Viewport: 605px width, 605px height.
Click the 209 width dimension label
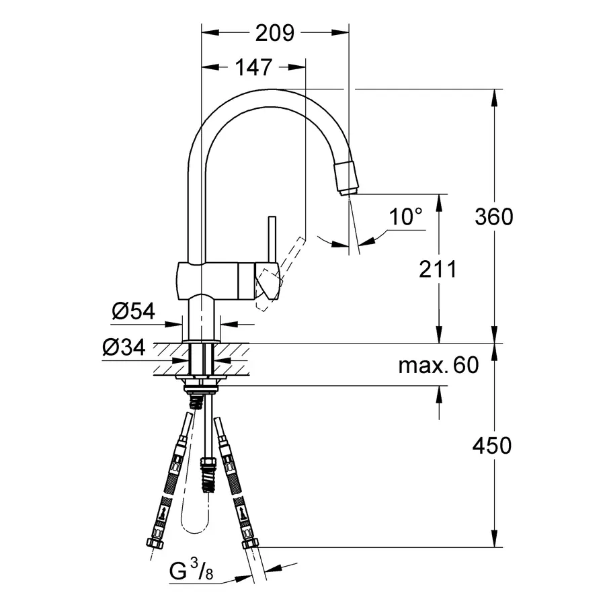click(x=275, y=32)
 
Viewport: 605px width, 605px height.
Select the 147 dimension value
click(x=253, y=67)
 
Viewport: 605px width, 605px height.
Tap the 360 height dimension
click(x=493, y=216)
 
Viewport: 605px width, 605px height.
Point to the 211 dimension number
click(x=437, y=270)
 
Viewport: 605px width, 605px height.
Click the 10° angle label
click(x=406, y=216)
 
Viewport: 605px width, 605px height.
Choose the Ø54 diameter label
click(x=134, y=311)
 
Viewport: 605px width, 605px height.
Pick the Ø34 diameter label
click(x=124, y=348)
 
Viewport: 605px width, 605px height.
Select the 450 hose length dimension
click(x=493, y=445)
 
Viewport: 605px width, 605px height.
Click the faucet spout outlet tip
click(x=348, y=191)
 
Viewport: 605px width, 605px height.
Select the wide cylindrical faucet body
click(x=215, y=280)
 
